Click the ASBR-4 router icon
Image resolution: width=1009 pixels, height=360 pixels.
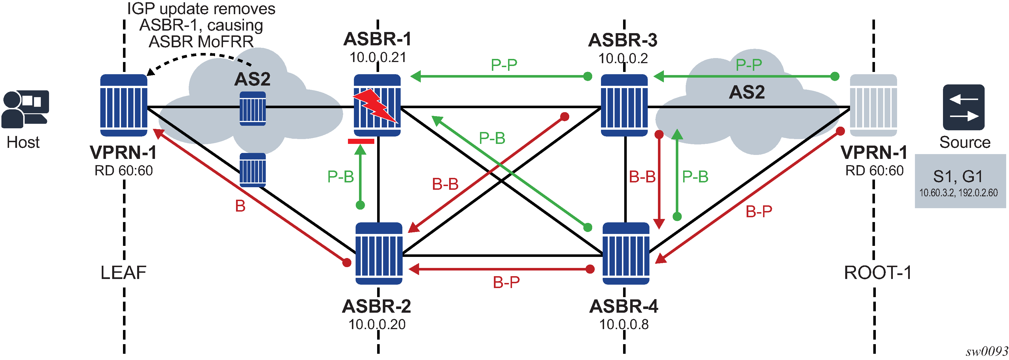coord(626,254)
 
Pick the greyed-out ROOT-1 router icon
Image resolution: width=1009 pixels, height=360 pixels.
coord(873,105)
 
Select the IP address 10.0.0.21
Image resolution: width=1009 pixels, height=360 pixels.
coord(378,57)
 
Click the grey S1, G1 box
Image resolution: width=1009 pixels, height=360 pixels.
coord(960,181)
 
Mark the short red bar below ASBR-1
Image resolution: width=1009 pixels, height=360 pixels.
coord(361,141)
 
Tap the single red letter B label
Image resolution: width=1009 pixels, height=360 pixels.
coord(240,206)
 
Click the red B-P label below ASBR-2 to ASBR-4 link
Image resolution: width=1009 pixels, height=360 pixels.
coord(506,282)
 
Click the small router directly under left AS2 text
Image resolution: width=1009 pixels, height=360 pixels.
coord(253,108)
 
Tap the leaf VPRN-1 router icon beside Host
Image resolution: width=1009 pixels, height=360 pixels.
coord(124,105)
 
